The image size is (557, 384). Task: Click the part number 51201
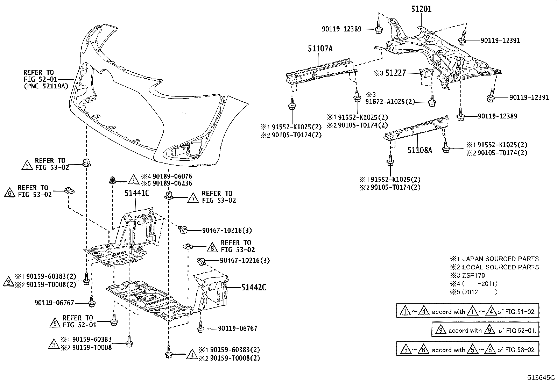421,9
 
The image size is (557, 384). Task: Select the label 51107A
320,49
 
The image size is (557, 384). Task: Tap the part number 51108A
419,150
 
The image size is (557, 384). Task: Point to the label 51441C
137,193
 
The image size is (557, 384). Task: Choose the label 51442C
254,288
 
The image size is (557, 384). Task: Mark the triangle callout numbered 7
193,198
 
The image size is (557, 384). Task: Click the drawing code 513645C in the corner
541,378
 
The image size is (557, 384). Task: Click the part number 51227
395,73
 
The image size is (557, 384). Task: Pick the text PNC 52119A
45,86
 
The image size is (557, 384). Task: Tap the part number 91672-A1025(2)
390,102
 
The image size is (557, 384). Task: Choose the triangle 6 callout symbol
10,193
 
